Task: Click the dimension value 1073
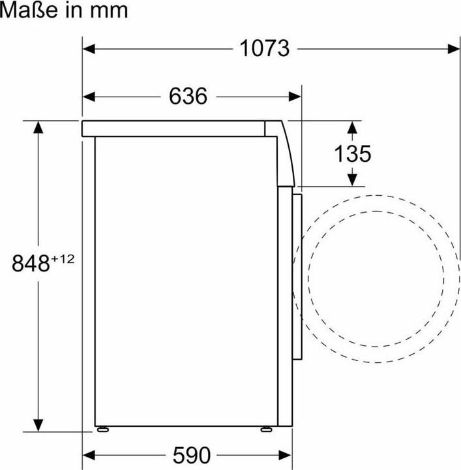tap(265, 48)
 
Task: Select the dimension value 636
tap(188, 97)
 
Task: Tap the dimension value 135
tap(353, 153)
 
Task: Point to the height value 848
tap(31, 263)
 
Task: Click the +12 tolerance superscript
tap(63, 258)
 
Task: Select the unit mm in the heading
tap(109, 11)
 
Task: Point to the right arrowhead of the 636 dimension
tap(295, 97)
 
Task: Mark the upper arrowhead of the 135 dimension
tap(353, 127)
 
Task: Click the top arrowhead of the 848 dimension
tap(40, 127)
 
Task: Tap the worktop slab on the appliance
tap(176, 128)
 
